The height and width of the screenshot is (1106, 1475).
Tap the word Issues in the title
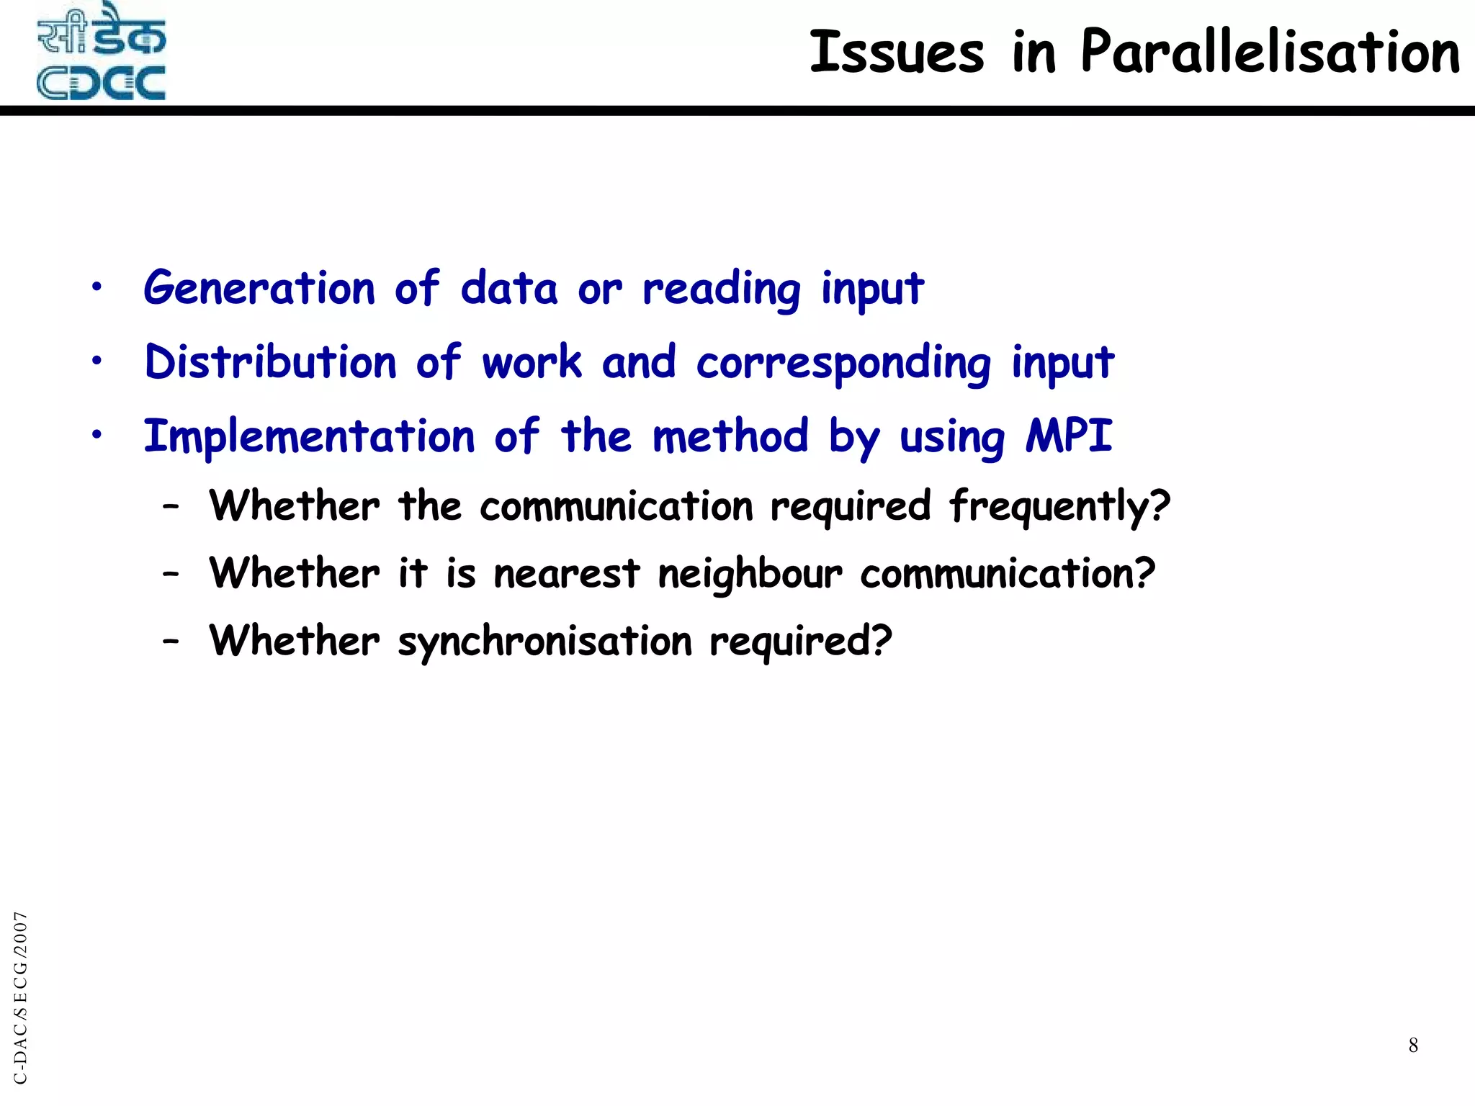coord(897,53)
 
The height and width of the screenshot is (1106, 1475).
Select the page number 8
coord(1413,1045)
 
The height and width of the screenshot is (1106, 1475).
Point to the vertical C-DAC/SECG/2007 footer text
coord(21,997)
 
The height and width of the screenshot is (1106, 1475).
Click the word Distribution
coord(270,362)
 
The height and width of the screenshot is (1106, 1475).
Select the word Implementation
coord(309,437)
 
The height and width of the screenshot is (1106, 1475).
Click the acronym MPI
coord(1069,436)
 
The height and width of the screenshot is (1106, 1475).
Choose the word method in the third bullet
coord(730,436)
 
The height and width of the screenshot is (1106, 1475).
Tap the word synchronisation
coord(544,642)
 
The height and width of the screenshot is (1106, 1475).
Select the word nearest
coord(566,575)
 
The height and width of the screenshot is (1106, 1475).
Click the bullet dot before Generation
coord(97,288)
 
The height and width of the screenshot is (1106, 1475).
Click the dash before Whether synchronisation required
coord(171,641)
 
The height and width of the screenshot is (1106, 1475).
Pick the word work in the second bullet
coord(532,362)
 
